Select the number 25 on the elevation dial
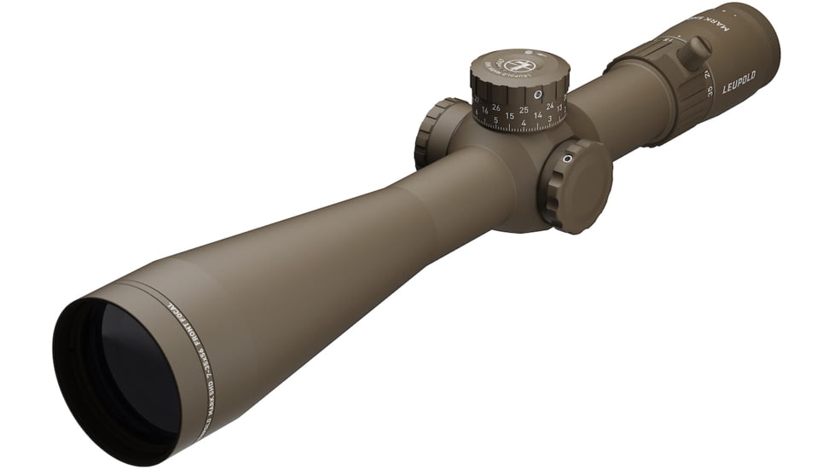[x=524, y=110]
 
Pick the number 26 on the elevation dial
[x=496, y=107]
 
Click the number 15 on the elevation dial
[x=509, y=116]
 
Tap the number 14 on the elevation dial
[x=537, y=114]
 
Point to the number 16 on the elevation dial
[x=484, y=110]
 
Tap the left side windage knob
[x=436, y=132]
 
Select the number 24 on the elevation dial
[x=550, y=106]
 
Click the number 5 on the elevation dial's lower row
[x=496, y=120]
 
